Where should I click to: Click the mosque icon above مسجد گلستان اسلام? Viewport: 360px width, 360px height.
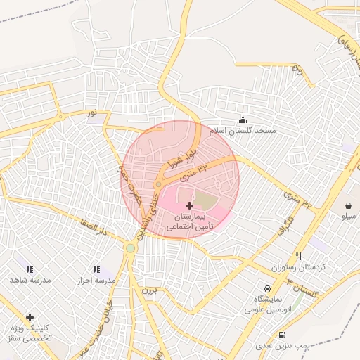coord(243,120)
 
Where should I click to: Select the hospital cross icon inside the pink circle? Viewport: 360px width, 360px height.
coord(188,205)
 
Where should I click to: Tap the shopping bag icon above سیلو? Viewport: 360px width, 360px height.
coord(349,205)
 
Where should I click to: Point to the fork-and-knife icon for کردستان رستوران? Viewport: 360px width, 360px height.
coord(299,257)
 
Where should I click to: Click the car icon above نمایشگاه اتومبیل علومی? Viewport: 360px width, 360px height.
coord(266,288)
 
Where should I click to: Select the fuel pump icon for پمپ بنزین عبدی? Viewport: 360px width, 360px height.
coord(282,335)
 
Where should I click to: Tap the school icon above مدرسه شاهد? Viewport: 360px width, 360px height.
coord(30,269)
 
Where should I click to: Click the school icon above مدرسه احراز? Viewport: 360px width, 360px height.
coord(96,269)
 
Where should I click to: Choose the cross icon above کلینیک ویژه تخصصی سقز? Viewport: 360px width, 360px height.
coord(30,318)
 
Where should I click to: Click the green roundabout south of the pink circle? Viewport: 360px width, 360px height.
coord(130,247)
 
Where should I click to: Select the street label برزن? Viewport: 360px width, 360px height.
coord(147,290)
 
